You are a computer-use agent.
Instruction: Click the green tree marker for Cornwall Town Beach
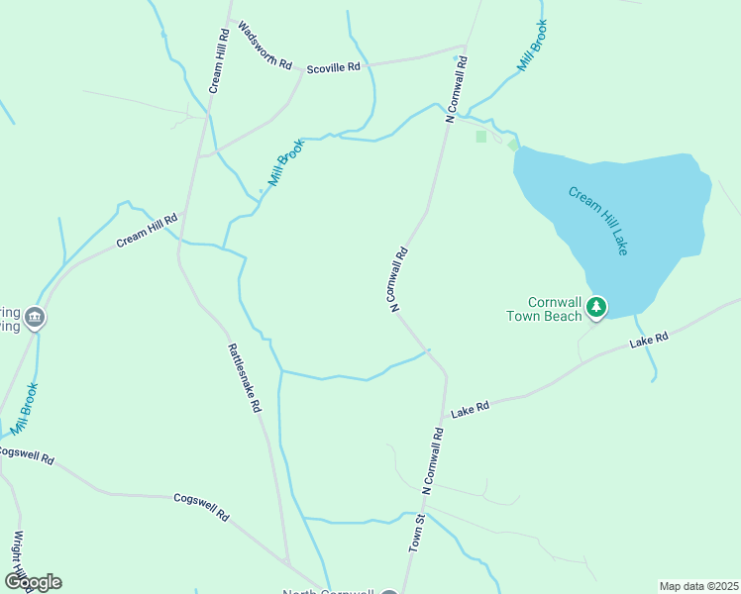click(x=595, y=308)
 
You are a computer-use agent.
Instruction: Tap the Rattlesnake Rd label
click(x=244, y=377)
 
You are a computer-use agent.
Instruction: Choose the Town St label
click(x=418, y=532)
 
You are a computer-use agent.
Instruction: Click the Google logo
click(x=32, y=582)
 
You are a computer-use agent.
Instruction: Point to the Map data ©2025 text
click(x=698, y=586)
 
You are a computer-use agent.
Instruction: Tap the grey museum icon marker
click(x=35, y=317)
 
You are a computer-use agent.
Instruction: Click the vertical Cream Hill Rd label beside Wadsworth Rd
click(x=218, y=60)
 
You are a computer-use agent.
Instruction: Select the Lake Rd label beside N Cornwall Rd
click(x=471, y=408)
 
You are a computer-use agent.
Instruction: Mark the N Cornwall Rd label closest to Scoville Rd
click(x=456, y=88)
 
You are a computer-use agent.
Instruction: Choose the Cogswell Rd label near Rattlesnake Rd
click(x=201, y=508)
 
